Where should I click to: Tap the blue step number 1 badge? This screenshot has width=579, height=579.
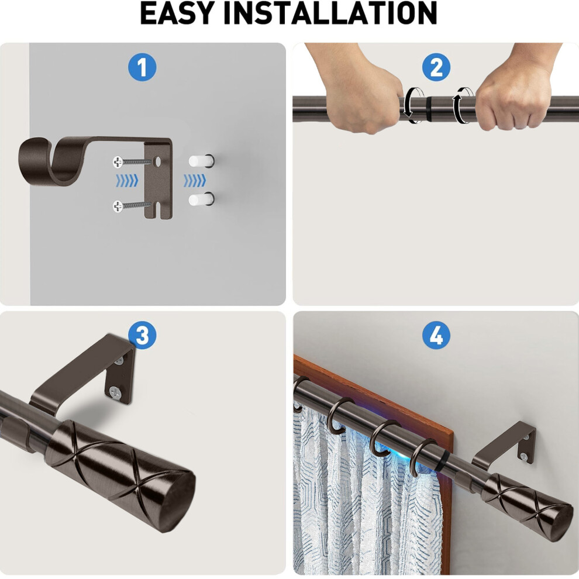coord(142,68)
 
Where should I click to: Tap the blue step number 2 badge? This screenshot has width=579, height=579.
coord(436,68)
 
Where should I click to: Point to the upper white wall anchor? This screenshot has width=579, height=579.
coord(202,161)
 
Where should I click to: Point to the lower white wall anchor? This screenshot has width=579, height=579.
coord(202,199)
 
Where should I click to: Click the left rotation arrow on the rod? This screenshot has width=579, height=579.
coord(414,105)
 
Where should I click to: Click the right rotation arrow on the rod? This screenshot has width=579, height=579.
coord(464,105)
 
